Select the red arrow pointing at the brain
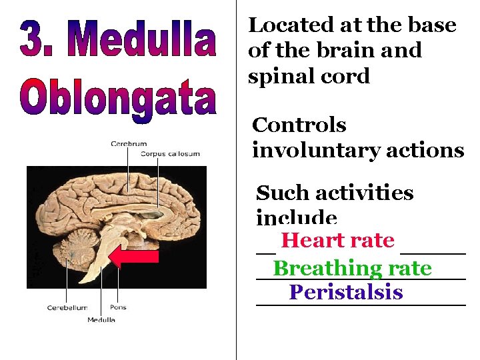click(x=133, y=256)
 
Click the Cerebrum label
click(x=129, y=143)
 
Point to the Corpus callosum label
click(x=170, y=154)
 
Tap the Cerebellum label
click(x=67, y=308)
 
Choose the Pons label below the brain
click(x=117, y=308)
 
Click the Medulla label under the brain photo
click(x=101, y=320)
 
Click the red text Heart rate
click(x=337, y=240)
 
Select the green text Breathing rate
click(x=353, y=268)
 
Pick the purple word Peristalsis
click(x=346, y=292)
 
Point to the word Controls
click(x=299, y=125)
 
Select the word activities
click(x=370, y=193)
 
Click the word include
click(x=297, y=218)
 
